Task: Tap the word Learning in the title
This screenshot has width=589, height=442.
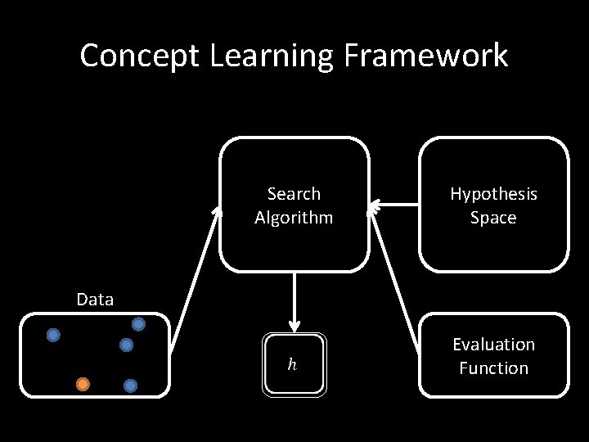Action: click(271, 56)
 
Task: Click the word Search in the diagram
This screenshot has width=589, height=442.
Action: click(294, 194)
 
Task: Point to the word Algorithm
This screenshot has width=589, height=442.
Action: click(294, 218)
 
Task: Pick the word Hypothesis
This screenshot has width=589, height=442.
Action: click(493, 194)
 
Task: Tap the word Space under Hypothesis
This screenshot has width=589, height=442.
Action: click(493, 218)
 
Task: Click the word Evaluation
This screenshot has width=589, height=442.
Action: click(493, 345)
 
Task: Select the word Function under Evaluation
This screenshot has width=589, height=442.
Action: click(493, 368)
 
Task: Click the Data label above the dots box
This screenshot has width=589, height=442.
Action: click(95, 300)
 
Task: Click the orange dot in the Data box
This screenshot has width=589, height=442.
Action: click(83, 383)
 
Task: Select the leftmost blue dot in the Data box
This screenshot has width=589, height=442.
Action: click(53, 335)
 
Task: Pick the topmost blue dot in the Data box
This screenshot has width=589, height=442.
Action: click(139, 324)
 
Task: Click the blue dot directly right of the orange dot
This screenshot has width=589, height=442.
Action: click(130, 385)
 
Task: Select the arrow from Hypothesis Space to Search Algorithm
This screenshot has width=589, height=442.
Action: click(394, 204)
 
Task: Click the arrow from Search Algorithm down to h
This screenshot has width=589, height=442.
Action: click(294, 299)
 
